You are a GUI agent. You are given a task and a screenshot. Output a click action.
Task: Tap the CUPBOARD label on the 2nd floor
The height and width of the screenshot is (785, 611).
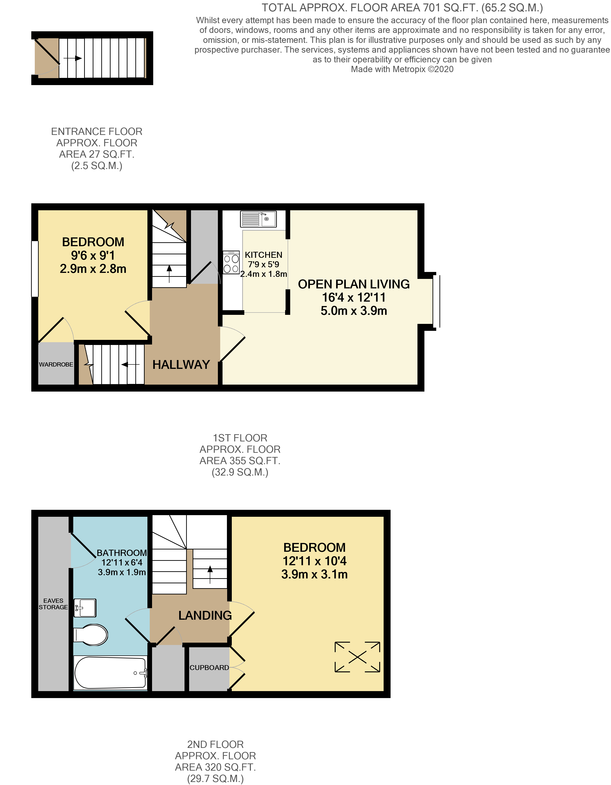pos(209,667)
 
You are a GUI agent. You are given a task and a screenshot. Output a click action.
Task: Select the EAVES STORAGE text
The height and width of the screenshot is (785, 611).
pos(53,604)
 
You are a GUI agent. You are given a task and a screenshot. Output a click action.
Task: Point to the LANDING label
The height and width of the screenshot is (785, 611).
pos(205,615)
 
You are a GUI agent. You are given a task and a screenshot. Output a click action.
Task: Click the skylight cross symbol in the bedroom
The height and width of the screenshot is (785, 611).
pos(357,657)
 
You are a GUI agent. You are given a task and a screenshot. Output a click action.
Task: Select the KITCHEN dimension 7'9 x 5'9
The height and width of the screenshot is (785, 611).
pos(264,265)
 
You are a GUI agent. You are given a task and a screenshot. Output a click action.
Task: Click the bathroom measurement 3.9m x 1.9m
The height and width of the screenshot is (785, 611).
pos(122,572)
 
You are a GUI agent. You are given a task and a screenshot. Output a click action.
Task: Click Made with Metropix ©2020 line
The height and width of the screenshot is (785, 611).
pos(402,69)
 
